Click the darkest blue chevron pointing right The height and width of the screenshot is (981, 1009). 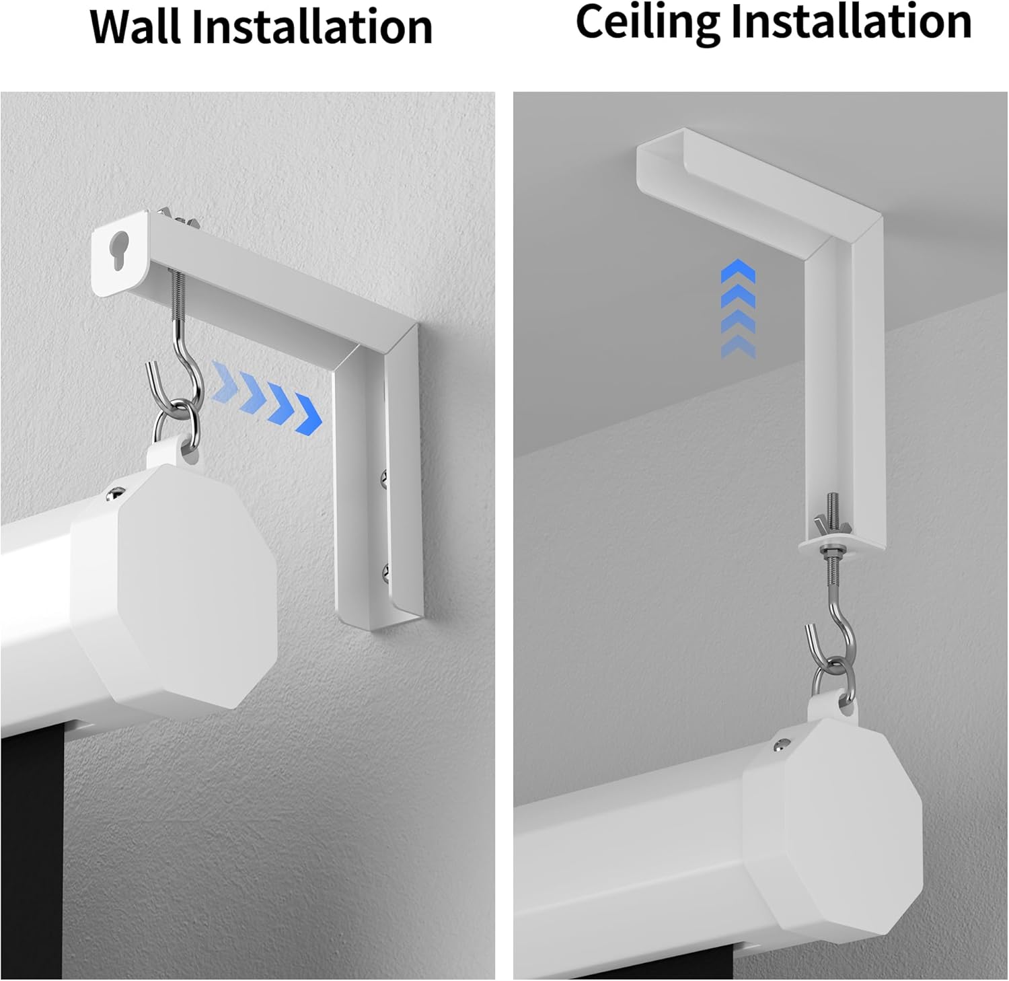[308, 415]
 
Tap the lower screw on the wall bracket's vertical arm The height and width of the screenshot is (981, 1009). [386, 572]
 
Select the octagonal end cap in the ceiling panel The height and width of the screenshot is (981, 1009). [834, 824]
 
